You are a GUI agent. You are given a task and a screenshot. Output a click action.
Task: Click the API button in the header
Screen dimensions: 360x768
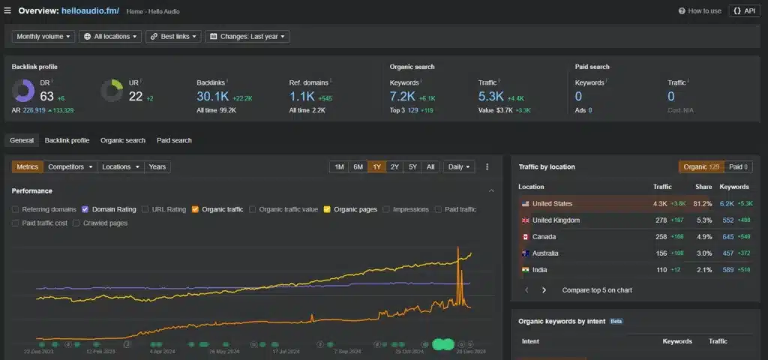pos(744,11)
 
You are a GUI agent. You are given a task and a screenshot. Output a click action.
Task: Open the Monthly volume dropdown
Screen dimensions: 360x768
pos(43,36)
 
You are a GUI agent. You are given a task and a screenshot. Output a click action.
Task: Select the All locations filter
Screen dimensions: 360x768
pos(109,36)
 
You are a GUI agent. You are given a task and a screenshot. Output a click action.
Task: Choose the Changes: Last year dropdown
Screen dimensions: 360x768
pos(247,36)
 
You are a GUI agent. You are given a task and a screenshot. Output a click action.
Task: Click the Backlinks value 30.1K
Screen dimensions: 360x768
pos(212,96)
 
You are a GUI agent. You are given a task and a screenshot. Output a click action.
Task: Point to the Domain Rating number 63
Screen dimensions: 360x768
pos(46,95)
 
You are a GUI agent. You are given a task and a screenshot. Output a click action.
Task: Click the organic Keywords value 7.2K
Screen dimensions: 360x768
pos(402,96)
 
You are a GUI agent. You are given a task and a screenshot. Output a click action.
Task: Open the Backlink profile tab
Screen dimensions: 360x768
pos(67,140)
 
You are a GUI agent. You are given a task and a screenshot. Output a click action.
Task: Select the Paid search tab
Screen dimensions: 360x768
pos(174,140)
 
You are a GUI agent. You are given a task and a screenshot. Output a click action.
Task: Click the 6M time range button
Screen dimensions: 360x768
pos(358,167)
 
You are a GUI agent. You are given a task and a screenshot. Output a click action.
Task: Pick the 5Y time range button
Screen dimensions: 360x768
pos(412,167)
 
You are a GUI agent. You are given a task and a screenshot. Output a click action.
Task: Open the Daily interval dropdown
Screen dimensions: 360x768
pos(458,167)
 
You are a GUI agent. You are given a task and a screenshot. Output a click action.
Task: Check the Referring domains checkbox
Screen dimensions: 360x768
pos(16,210)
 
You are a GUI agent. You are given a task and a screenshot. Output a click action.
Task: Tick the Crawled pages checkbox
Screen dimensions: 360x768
pos(76,223)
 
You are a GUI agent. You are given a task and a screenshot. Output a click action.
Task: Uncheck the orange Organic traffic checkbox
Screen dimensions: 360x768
pos(195,210)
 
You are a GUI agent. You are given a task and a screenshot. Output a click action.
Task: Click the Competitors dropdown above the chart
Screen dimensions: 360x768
pos(70,167)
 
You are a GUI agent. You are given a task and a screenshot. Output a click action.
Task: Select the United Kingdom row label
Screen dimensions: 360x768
pos(556,220)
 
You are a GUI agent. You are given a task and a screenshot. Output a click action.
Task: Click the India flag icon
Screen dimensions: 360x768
pos(525,270)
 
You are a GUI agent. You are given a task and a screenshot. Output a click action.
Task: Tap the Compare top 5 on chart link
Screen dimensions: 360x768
pos(596,289)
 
